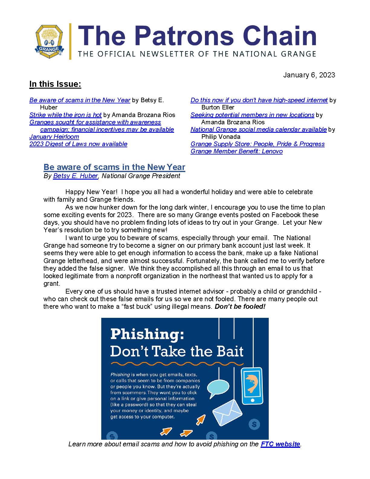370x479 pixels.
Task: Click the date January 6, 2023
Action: tap(309, 75)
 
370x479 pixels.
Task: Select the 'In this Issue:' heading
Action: tap(55, 84)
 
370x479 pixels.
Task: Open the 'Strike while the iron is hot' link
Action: tap(65, 115)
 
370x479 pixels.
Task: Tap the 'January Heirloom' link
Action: tap(54, 137)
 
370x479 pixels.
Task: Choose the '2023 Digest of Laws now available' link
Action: tap(78, 144)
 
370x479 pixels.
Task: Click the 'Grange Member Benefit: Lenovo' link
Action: tap(236, 151)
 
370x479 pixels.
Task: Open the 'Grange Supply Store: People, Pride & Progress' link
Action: tap(258, 144)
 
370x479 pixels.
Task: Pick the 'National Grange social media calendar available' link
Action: tap(258, 129)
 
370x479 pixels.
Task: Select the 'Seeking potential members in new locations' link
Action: tap(252, 115)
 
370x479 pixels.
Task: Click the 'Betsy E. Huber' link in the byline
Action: tap(76, 176)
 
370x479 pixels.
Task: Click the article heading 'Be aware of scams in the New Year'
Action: tap(114, 167)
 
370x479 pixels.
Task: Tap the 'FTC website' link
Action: tap(280, 444)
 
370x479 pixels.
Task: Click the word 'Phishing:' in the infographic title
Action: tap(147, 334)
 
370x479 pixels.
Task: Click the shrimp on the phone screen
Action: tap(251, 384)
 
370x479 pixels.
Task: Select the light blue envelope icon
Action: tap(227, 412)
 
